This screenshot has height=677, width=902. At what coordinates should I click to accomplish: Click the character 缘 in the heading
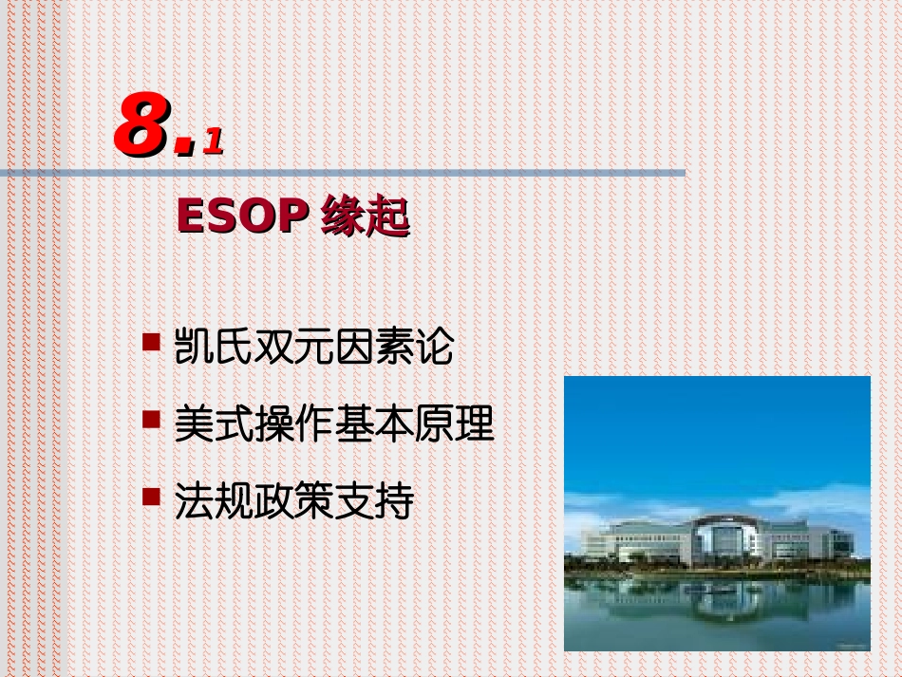343,217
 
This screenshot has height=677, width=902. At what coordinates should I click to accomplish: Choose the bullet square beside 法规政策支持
151,496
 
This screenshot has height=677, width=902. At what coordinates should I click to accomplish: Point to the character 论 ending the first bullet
434,348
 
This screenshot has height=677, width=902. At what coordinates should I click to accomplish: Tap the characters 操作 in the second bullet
294,424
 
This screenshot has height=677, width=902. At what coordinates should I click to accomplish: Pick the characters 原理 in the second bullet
455,424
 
